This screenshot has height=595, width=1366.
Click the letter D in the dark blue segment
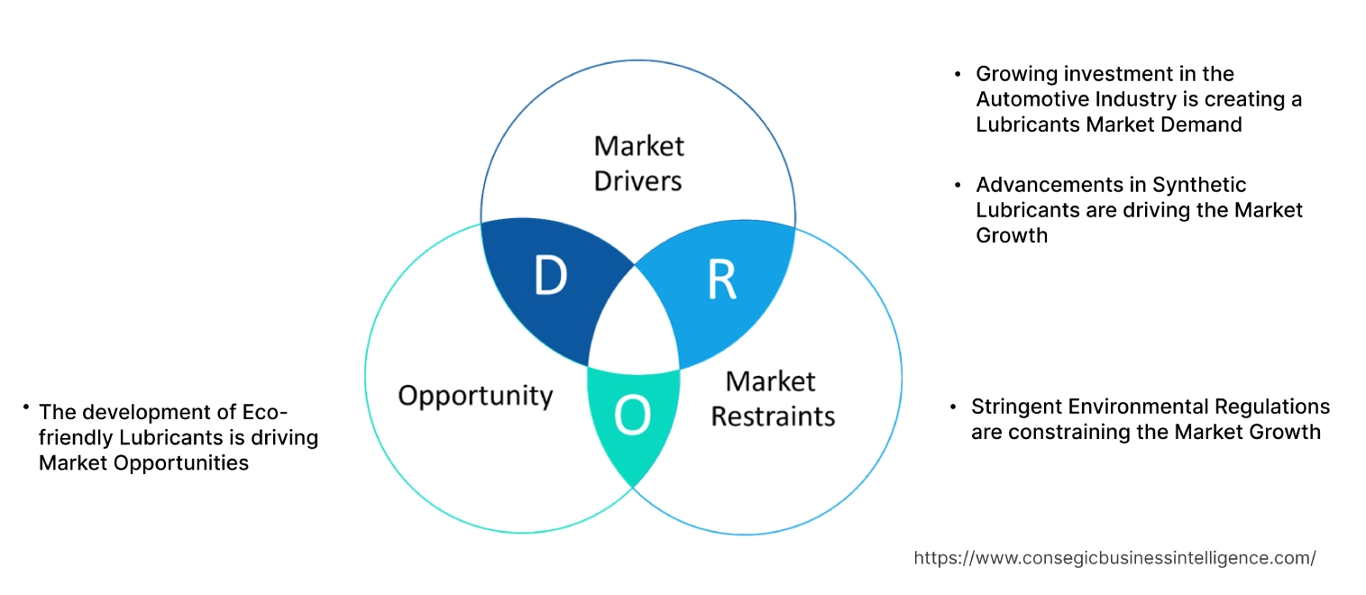click(x=549, y=277)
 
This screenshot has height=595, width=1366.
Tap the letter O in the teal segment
click(x=631, y=416)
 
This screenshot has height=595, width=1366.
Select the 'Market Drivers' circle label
click(x=638, y=163)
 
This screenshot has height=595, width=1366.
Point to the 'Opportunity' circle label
click(x=475, y=395)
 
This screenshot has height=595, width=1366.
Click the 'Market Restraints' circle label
click(x=773, y=398)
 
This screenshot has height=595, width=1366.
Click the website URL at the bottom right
click(x=1114, y=558)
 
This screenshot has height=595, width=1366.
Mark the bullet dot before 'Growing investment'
click(x=958, y=74)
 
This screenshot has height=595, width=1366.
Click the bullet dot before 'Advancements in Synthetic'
click(x=958, y=185)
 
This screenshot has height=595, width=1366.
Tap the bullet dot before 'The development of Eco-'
click(x=27, y=408)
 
